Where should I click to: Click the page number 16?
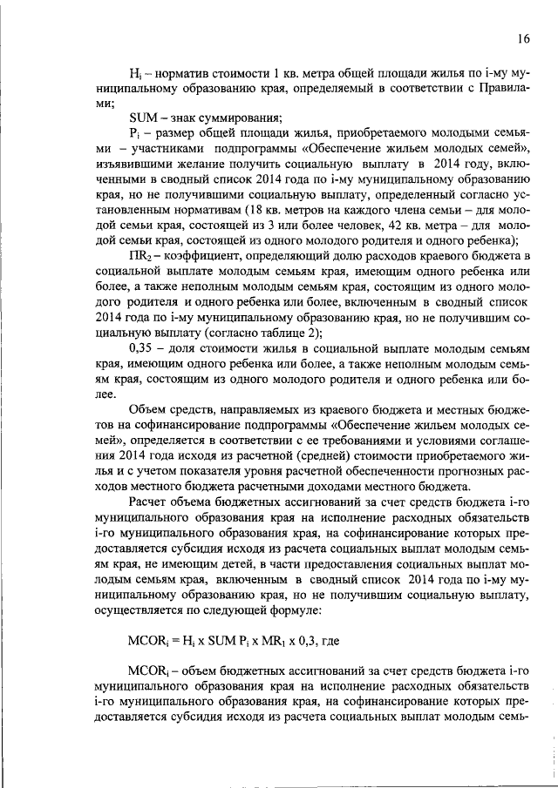coord(523,37)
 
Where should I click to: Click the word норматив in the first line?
coord(180,71)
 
